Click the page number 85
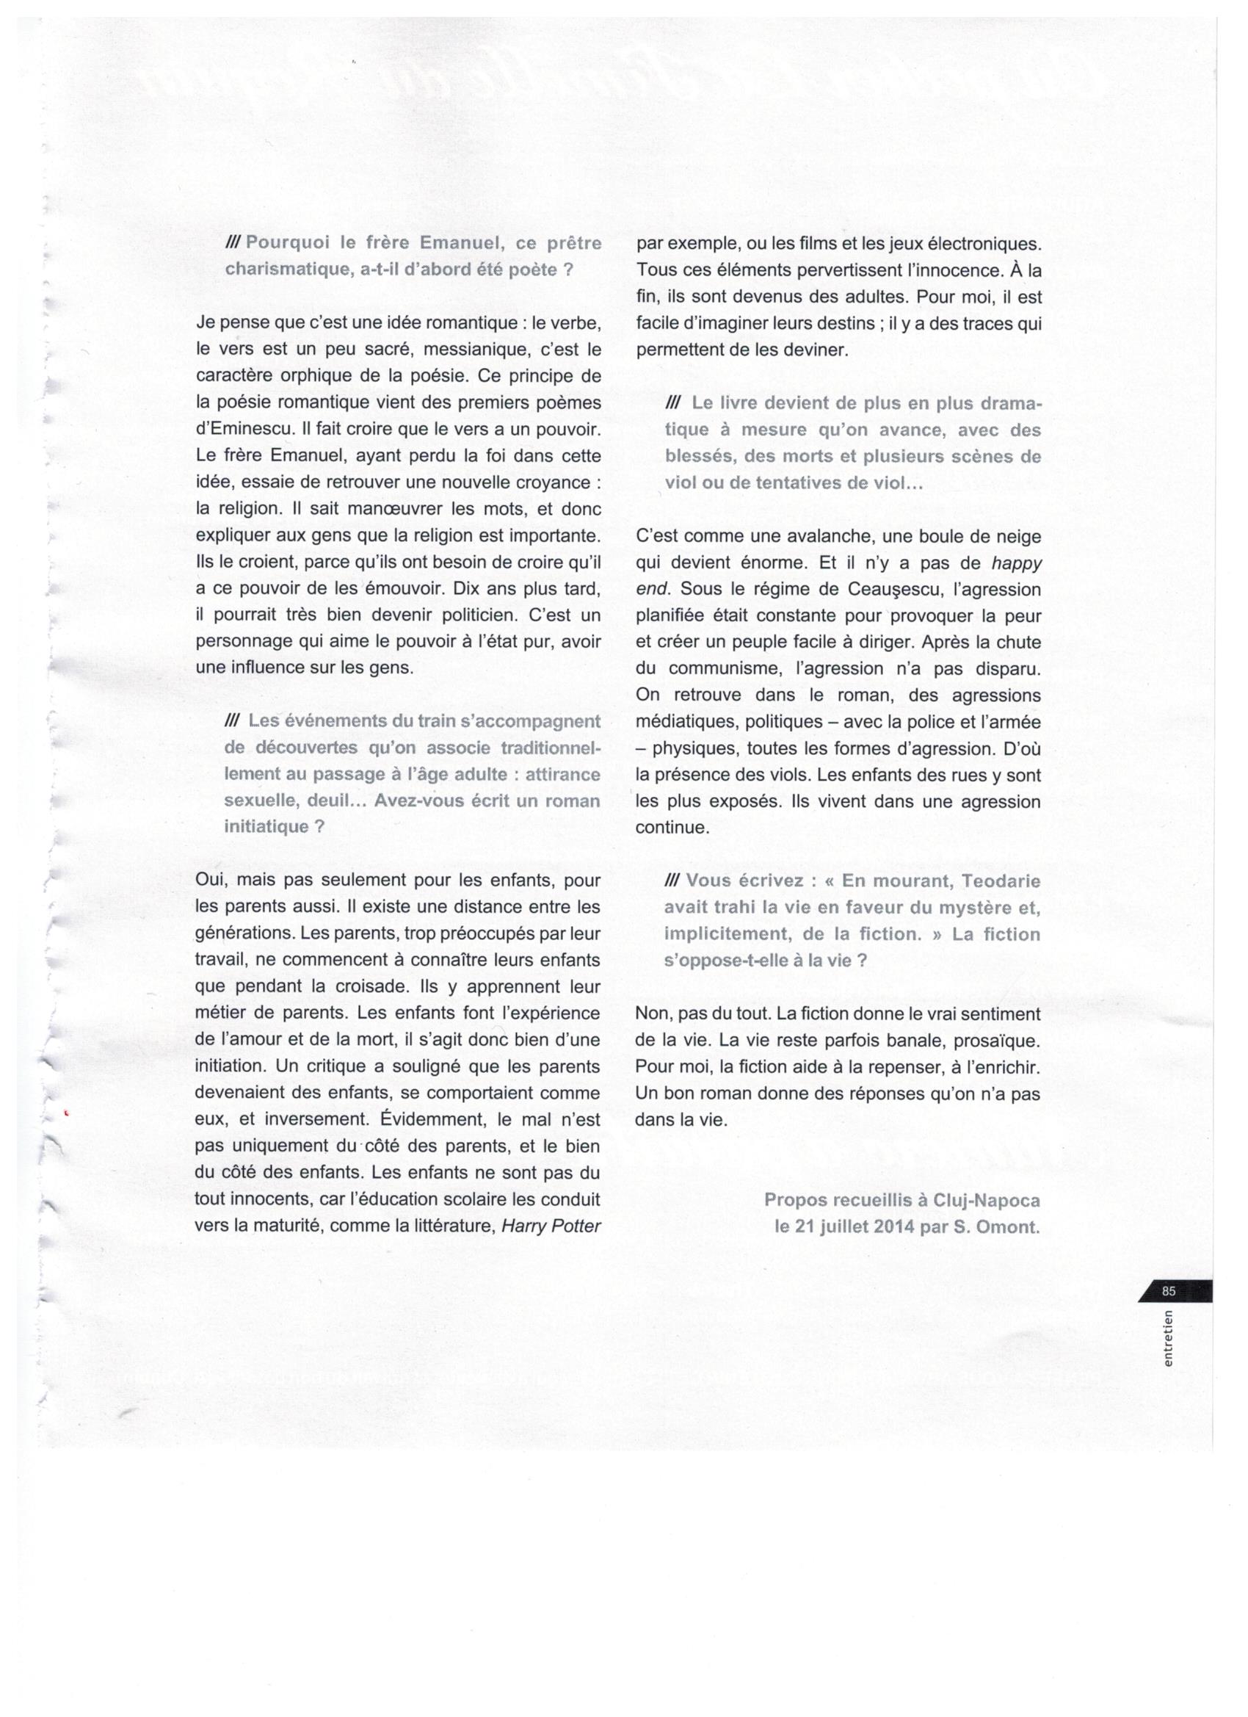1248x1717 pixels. point(1169,1291)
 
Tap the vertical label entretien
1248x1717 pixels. point(1169,1338)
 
